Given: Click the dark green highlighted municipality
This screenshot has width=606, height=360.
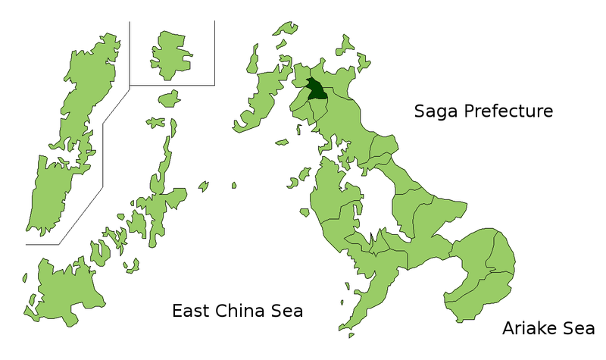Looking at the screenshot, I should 316,89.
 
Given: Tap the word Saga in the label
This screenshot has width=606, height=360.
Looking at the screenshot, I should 437,111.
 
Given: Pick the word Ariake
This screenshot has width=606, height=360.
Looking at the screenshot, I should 533,328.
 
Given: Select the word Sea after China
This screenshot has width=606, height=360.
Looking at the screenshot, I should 288,311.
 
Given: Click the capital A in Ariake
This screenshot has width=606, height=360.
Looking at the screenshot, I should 508,328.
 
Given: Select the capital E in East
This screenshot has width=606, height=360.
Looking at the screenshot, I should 177,311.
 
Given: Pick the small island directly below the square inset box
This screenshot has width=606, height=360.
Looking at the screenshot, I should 170,98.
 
